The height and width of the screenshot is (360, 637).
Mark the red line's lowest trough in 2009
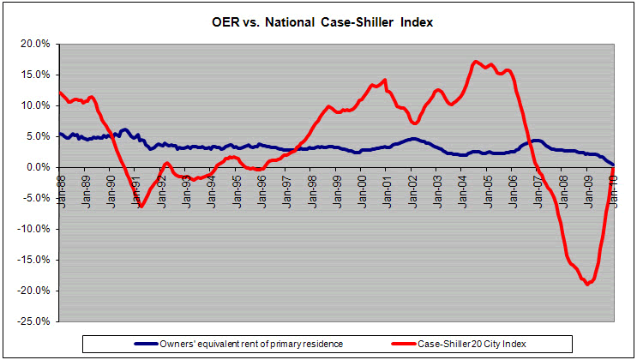point(587,284)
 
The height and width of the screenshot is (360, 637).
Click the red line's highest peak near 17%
point(476,62)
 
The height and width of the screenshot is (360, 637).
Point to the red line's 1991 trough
point(141,207)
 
